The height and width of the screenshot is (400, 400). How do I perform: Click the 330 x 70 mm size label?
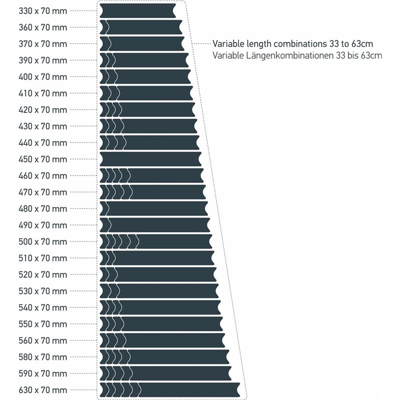[x=42, y=10]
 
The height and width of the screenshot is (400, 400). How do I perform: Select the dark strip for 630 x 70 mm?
[x=170, y=390]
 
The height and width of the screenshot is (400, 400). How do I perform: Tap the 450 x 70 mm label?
[x=42, y=159]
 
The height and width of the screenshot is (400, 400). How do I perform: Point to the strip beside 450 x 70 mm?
[x=150, y=159]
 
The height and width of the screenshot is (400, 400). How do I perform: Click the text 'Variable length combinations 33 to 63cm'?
[x=292, y=43]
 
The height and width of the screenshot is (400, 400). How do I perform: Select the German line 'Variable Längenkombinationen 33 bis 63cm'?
[x=297, y=55]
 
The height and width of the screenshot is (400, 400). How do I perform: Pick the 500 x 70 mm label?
[x=42, y=242]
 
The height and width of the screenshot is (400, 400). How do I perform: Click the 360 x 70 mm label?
[x=42, y=27]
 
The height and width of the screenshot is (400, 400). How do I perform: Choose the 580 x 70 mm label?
[x=42, y=357]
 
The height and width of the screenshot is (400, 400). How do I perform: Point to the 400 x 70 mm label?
[x=42, y=76]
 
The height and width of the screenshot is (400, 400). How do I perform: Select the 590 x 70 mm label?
[x=42, y=373]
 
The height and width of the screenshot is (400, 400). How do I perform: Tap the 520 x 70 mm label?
[x=42, y=275]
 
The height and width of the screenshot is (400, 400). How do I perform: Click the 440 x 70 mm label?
[x=42, y=142]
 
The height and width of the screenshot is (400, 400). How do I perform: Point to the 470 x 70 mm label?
[x=42, y=192]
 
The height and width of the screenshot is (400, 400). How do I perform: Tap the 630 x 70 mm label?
[x=42, y=390]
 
